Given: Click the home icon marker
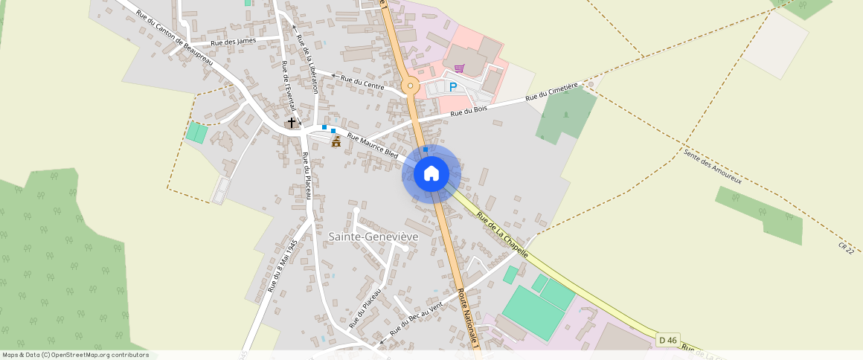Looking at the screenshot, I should tap(431, 174).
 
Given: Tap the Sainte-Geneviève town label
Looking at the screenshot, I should tap(373, 236).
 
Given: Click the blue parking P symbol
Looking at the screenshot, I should tap(452, 88).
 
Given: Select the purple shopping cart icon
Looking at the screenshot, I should tap(459, 68).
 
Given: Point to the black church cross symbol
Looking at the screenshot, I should tap(292, 121).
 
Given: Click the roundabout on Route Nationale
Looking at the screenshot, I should tap(408, 86).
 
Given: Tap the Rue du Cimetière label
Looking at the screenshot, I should tap(552, 92).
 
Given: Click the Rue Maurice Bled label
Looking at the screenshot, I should tap(373, 145).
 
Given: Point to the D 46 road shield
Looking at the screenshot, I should tap(667, 340).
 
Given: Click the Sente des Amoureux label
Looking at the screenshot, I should tap(712, 166).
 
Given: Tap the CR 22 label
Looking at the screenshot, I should tap(844, 246).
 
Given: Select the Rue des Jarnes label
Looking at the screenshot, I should tap(234, 42).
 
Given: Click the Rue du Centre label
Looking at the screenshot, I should tap(362, 83).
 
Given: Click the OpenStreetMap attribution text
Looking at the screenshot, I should tap(76, 355).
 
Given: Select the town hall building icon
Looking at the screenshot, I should tap(336, 141).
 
